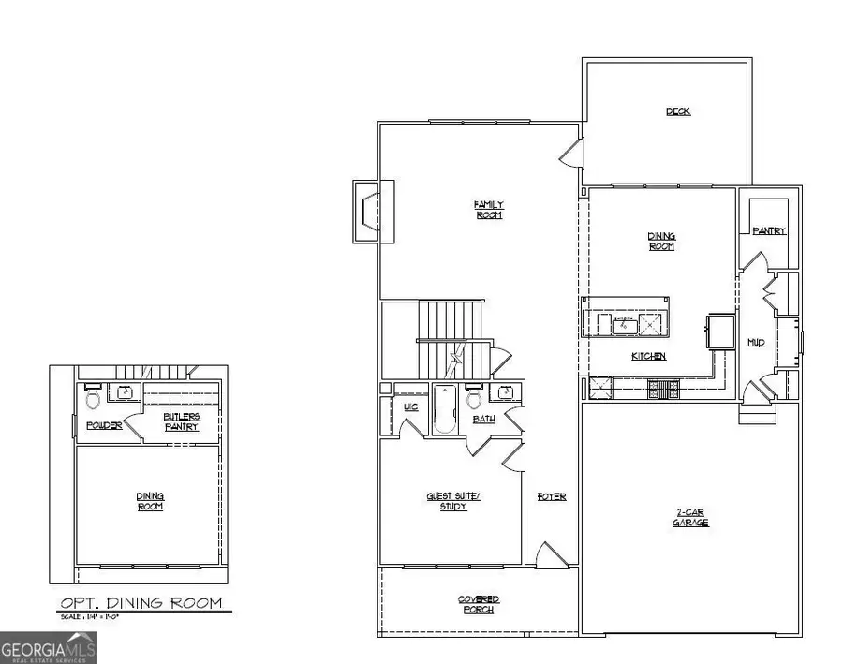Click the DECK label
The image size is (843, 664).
click(678, 111)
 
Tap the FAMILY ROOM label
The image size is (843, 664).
click(488, 210)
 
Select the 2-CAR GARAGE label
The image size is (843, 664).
click(690, 518)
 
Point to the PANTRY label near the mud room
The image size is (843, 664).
click(770, 231)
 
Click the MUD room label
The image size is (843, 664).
click(757, 343)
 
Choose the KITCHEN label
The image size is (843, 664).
click(648, 357)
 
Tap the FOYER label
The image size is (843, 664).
click(552, 496)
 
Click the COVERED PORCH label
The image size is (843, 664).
click(479, 604)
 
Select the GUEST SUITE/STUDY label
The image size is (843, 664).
click(452, 502)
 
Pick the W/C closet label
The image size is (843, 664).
click(409, 407)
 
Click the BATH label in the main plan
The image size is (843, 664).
click(484, 419)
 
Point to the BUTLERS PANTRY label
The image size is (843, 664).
click(181, 421)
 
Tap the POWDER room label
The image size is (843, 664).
click(105, 425)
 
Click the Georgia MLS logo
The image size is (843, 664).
click(49, 646)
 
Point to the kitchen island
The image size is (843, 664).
click(626, 317)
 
